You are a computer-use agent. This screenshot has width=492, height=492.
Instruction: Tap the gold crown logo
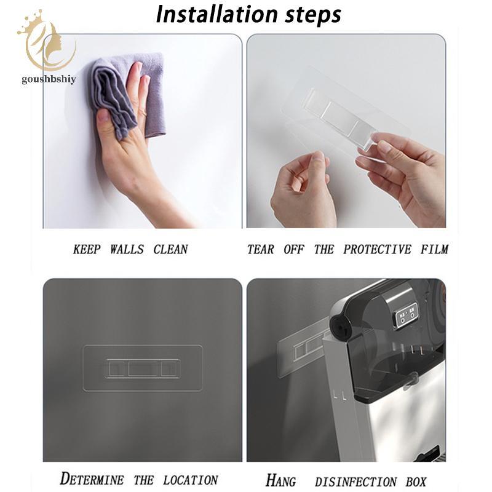tap(47, 40)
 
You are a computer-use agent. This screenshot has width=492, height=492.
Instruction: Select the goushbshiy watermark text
tap(49, 79)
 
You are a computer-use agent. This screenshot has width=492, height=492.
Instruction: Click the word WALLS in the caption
tap(127, 250)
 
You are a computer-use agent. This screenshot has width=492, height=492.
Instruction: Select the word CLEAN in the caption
tap(170, 250)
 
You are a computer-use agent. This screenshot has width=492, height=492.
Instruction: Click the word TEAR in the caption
tap(260, 250)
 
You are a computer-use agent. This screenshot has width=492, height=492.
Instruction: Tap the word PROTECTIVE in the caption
tap(377, 250)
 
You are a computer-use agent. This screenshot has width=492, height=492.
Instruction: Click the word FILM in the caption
tap(434, 250)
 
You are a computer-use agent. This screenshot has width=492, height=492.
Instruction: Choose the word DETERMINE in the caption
tap(92, 479)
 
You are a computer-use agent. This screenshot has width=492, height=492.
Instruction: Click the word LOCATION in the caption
tap(190, 480)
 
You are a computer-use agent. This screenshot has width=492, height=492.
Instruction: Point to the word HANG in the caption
tap(280, 480)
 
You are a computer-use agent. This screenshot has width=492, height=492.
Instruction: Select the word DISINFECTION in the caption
tap(356, 482)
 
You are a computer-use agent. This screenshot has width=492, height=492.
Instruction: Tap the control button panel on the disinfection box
tap(407, 315)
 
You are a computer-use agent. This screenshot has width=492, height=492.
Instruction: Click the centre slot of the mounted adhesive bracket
tap(143, 368)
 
